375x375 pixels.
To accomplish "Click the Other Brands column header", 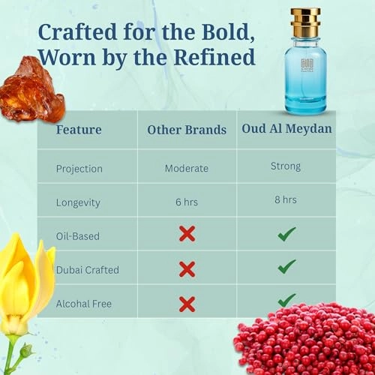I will (x=187, y=130).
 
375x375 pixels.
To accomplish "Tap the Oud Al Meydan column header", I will (x=286, y=128).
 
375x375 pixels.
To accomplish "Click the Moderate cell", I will (x=187, y=168).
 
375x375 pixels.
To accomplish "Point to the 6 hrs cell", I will (x=187, y=202).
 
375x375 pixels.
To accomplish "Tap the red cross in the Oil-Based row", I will (x=187, y=234).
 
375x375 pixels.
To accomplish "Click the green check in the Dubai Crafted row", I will (x=286, y=266).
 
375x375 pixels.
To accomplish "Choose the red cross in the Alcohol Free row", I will (x=187, y=304).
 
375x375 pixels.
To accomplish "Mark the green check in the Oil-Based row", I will (x=286, y=234).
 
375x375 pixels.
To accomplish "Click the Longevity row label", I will (x=77, y=202).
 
